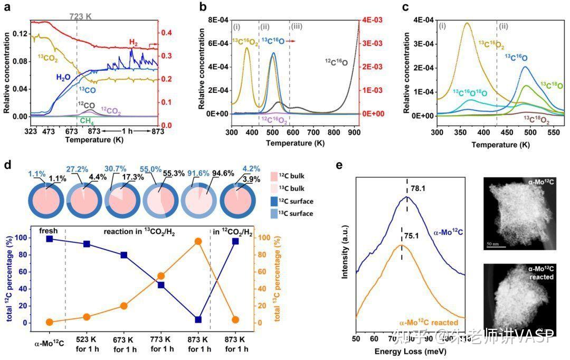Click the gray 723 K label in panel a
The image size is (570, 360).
[81, 16]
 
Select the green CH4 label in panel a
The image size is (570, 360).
[88, 120]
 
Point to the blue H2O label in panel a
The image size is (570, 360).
[64, 77]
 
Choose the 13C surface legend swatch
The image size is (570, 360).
[286, 213]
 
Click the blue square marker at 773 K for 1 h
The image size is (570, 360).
[161, 285]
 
